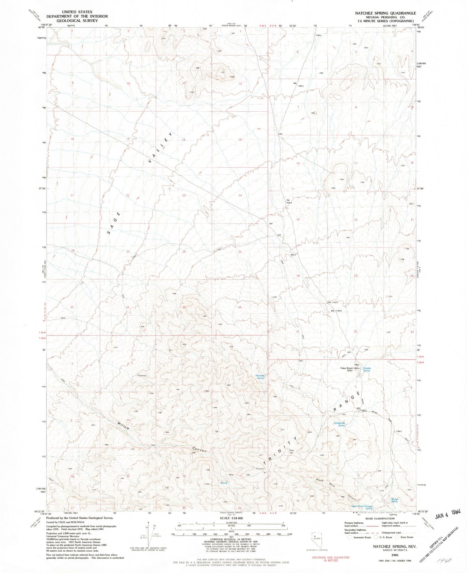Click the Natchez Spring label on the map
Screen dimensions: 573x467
click(260, 377)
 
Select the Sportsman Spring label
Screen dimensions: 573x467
click(339, 424)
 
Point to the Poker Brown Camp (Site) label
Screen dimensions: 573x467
click(349, 369)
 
